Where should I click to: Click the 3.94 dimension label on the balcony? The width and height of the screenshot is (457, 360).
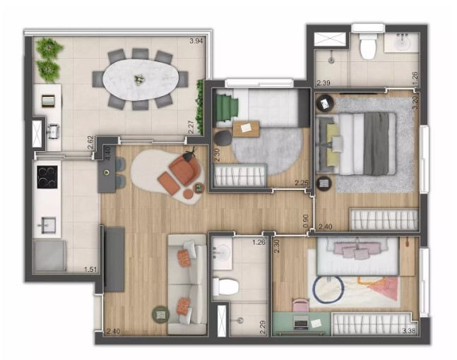click(196, 41)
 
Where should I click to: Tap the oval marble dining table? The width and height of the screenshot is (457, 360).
click(141, 80)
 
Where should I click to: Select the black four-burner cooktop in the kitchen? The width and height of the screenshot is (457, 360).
click(47, 177)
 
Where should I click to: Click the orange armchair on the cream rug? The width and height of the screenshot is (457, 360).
click(184, 172)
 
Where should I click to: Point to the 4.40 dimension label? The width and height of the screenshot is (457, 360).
click(107, 154)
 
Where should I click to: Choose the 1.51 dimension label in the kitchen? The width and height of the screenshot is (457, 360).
click(90, 270)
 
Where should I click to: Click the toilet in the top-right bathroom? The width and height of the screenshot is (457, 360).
click(367, 46)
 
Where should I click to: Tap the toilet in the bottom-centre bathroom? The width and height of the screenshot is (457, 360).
click(225, 287)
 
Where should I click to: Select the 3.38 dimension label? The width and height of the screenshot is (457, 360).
click(409, 330)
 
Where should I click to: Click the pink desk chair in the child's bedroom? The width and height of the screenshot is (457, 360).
click(301, 306)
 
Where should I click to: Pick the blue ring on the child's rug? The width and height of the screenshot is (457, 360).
click(328, 289)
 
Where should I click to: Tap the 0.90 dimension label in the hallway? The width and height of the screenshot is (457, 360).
click(306, 222)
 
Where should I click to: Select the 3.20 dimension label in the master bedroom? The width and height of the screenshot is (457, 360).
click(415, 102)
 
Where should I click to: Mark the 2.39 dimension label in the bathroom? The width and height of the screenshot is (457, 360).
click(324, 83)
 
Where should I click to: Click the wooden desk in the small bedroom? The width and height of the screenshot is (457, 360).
click(246, 128)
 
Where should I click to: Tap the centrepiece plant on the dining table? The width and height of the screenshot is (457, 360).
click(138, 79)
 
